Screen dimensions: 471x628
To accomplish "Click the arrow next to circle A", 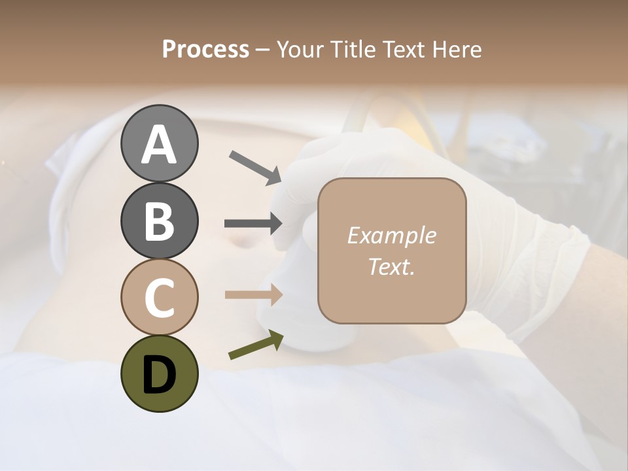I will (x=255, y=167).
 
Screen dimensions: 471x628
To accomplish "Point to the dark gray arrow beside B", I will (x=254, y=223).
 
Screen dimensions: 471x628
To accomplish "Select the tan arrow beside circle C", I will (x=254, y=294).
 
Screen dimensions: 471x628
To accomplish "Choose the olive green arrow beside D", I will (x=256, y=345).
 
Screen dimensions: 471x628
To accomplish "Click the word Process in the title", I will (x=205, y=49).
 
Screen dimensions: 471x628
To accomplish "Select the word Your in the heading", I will (x=299, y=49).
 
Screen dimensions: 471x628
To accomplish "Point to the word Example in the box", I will (x=391, y=235).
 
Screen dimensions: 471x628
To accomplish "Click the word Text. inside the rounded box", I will (x=391, y=266).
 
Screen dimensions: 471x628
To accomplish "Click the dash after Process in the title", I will (x=263, y=50).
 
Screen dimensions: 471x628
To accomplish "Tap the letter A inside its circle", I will (x=159, y=144).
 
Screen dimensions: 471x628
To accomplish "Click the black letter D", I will (x=159, y=374).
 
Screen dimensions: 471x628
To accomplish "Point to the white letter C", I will (x=159, y=298).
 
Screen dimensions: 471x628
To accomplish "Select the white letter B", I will (x=159, y=221).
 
